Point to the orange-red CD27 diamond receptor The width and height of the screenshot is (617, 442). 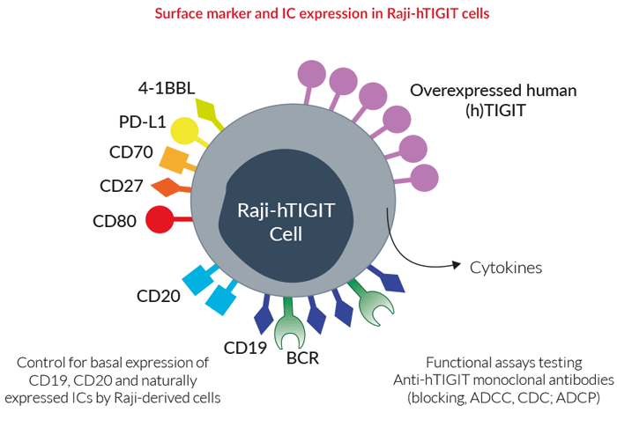[x=169, y=188]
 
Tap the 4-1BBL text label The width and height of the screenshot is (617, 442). [x=167, y=88]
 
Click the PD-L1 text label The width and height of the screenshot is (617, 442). [x=143, y=122]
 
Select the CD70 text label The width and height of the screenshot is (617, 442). [x=131, y=152]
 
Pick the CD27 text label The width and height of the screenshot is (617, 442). [x=122, y=186]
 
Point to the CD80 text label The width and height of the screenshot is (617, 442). [x=115, y=221]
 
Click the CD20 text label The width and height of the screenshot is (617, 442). [x=158, y=296]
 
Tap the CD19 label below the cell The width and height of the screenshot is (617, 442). [x=245, y=348]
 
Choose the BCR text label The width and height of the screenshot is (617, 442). [x=302, y=358]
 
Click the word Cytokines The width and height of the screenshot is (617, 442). [x=506, y=268]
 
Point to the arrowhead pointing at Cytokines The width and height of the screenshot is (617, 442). [x=457, y=265]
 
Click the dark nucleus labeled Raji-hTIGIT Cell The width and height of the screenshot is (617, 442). [x=286, y=216]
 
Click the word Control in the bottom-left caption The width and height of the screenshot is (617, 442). [x=41, y=363]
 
